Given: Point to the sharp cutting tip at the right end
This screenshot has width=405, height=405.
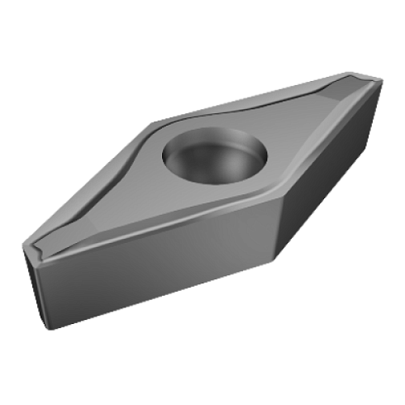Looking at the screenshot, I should coord(382,79).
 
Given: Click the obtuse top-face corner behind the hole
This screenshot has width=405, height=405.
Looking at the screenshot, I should coord(153,123).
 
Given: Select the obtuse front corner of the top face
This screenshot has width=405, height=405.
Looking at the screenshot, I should coord(273,197).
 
